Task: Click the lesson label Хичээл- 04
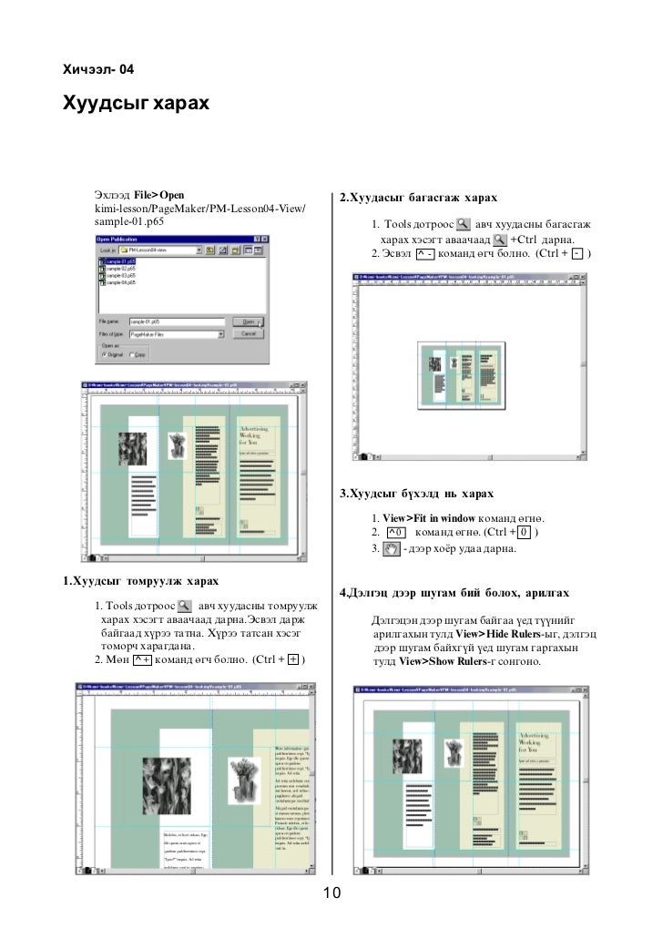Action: click(98, 69)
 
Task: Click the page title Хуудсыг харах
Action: click(135, 104)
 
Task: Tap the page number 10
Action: click(331, 893)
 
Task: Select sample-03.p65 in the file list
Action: click(119, 275)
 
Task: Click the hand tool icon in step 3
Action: click(393, 548)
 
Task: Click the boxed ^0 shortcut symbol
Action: click(395, 532)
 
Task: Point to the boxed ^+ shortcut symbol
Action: click(141, 659)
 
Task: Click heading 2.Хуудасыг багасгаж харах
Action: click(417, 199)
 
